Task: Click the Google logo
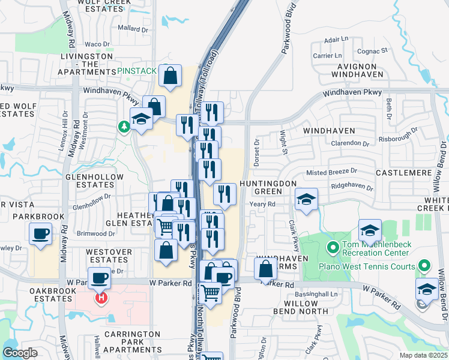20,353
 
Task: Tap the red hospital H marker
101,298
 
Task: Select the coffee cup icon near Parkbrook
40,233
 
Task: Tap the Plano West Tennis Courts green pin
424,265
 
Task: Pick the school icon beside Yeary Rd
306,199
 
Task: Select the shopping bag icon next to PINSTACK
170,76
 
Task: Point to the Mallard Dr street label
133,29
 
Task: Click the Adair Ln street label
336,40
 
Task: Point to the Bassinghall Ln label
318,295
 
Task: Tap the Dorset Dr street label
256,153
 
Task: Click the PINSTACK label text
137,71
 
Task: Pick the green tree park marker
124,127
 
